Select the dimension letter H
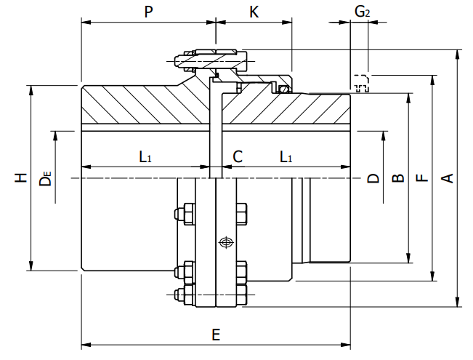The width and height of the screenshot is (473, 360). point(23,177)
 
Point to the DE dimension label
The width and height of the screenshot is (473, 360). point(46,178)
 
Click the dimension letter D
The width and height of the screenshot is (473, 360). point(372,177)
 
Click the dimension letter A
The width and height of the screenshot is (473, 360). point(448,177)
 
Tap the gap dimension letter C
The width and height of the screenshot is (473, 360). point(237,156)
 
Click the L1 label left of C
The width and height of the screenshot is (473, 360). point(145,156)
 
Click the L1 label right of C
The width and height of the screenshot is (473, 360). point(286,156)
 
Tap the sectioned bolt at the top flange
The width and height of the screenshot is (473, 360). point(211,57)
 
